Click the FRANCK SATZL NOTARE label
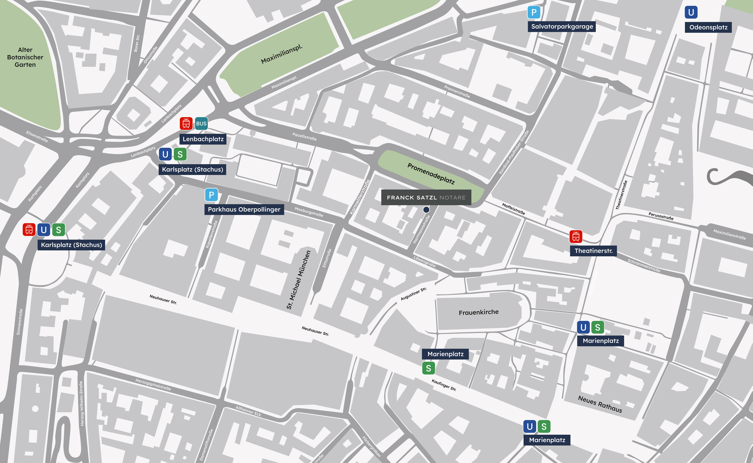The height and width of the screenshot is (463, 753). [426, 198]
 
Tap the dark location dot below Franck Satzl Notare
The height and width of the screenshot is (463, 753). [426, 210]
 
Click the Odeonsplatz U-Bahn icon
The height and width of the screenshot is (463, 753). [691, 12]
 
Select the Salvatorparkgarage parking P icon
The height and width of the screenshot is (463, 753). [534, 12]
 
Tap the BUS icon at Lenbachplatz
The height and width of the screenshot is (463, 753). [201, 124]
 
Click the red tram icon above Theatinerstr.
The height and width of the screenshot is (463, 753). [576, 236]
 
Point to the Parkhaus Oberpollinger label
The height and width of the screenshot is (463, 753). [244, 210]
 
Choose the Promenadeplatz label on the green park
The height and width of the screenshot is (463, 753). [431, 173]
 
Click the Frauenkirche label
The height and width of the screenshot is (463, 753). [478, 312]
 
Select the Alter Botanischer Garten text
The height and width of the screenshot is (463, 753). [25, 57]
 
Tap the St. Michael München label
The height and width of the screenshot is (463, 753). [299, 280]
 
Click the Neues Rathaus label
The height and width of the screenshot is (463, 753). [600, 404]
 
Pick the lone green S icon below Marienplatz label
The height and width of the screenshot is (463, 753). [428, 368]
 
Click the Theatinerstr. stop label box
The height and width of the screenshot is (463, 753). [594, 251]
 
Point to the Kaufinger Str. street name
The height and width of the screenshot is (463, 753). [444, 385]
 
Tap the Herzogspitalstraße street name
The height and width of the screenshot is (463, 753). [153, 385]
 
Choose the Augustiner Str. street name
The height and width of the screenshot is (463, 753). [414, 294]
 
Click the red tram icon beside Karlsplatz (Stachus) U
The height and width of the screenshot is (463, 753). [29, 230]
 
